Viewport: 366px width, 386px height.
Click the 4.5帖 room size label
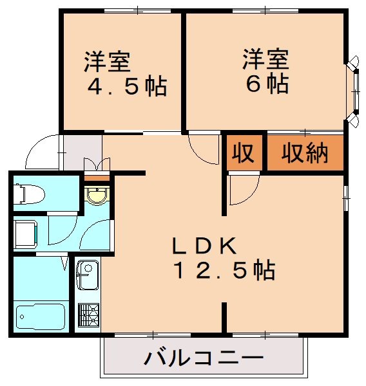tap(127, 86)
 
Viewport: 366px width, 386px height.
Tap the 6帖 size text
tap(265, 84)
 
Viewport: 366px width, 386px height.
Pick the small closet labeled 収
tap(243, 154)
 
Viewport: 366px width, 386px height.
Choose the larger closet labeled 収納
tap(305, 154)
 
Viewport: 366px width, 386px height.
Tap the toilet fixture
tap(29, 192)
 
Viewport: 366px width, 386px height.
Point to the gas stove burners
tap(88, 315)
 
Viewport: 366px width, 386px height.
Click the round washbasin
tap(97, 196)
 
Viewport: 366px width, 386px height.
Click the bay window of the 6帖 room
tap(353, 91)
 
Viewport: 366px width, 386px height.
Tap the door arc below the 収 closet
tap(244, 190)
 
